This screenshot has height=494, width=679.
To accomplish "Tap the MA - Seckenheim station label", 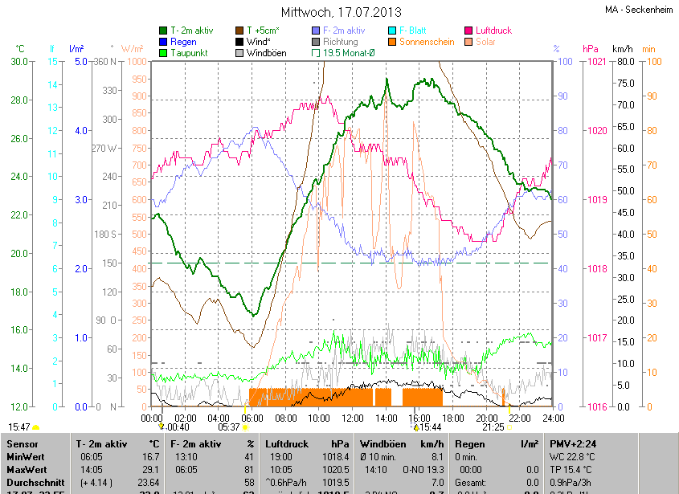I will point(639,10).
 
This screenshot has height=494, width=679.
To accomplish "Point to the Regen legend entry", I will point(183,42).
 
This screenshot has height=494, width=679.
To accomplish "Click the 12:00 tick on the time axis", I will point(352,418).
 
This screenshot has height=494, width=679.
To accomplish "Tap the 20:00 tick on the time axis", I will point(486,418).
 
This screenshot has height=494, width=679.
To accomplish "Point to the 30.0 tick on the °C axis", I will point(18,62).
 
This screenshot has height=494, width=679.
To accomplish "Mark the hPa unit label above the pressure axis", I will point(591,49).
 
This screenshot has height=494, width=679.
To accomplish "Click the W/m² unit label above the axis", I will point(133,49).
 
